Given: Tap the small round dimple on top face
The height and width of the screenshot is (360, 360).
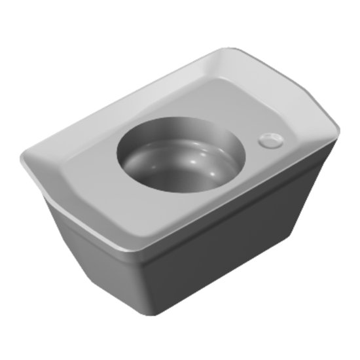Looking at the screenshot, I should coord(270,139).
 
